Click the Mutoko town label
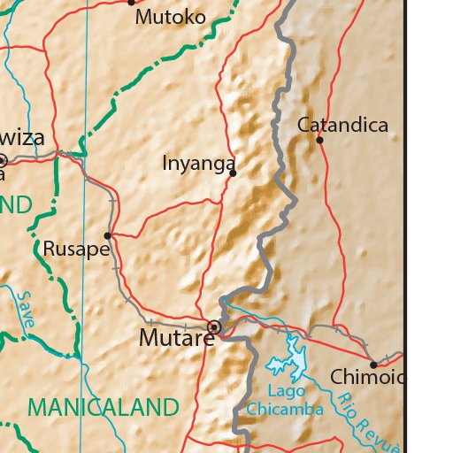(x=170, y=17)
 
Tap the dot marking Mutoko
(x=132, y=3)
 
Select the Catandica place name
(x=342, y=125)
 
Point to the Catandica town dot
(x=319, y=140)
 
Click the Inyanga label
(x=199, y=164)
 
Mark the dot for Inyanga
(x=233, y=173)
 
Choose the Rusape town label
(x=75, y=249)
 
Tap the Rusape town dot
(x=108, y=235)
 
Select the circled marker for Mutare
(x=213, y=327)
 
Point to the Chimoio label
(x=367, y=378)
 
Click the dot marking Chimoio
(x=373, y=365)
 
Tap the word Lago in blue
(x=286, y=391)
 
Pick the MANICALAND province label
(x=104, y=408)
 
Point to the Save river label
(x=25, y=311)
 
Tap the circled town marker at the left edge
(x=2, y=160)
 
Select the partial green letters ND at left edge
(x=16, y=205)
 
